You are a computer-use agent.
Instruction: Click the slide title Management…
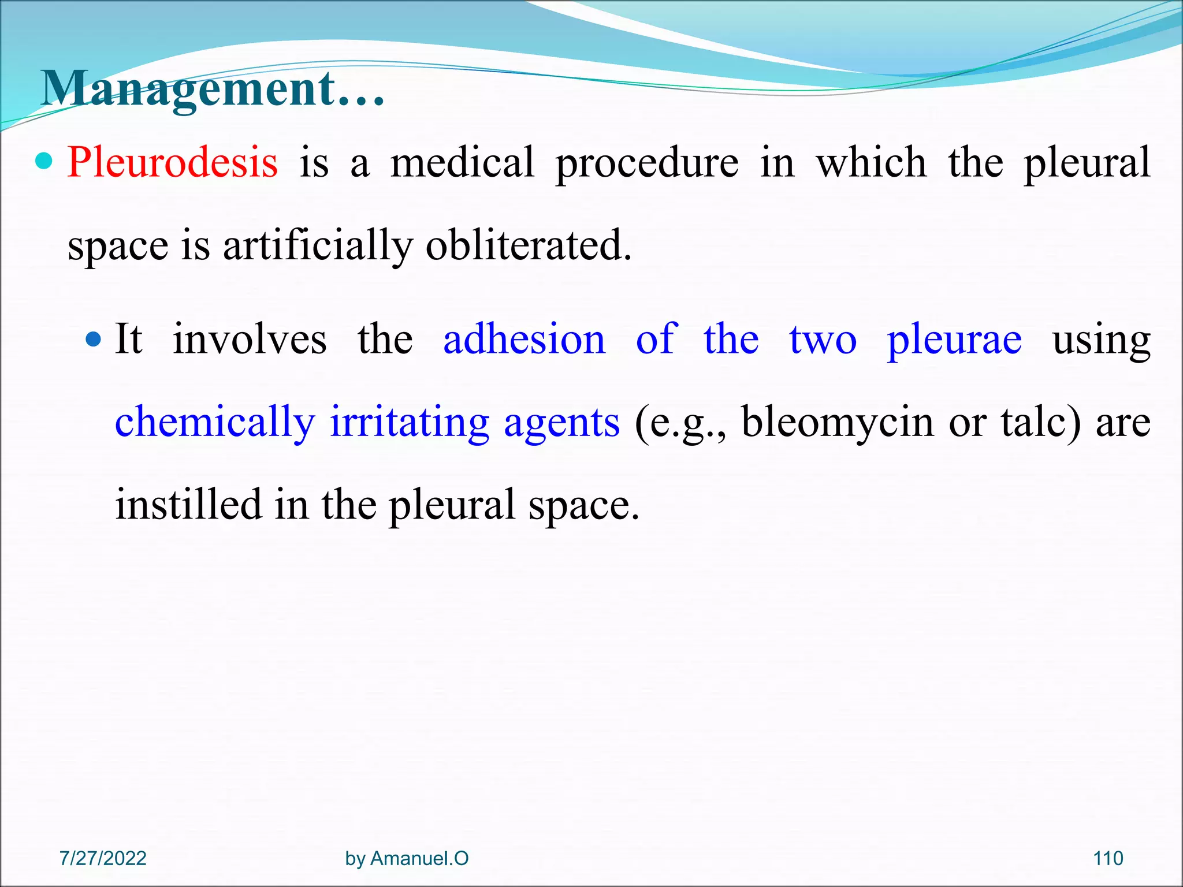pyautogui.click(x=213, y=90)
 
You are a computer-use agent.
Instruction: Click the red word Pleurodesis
pyautogui.click(x=172, y=162)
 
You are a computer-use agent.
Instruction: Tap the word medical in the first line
pyautogui.click(x=462, y=162)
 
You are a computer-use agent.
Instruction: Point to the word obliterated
pyautogui.click(x=528, y=245)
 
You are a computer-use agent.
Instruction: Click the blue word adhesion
pyautogui.click(x=524, y=339)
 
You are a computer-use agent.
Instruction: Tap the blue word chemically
pyautogui.click(x=215, y=423)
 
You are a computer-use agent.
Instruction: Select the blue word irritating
pyautogui.click(x=410, y=423)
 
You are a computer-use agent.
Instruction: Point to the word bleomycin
pyautogui.click(x=837, y=423)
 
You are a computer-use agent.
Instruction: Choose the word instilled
pyautogui.click(x=188, y=505)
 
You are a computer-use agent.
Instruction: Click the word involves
pyautogui.click(x=250, y=339)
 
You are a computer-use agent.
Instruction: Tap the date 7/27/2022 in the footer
pyautogui.click(x=103, y=858)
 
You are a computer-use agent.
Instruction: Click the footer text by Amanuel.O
pyautogui.click(x=407, y=858)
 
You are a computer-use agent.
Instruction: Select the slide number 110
pyautogui.click(x=1108, y=858)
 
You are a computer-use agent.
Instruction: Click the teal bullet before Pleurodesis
pyautogui.click(x=44, y=161)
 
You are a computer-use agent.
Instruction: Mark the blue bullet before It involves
pyautogui.click(x=92, y=339)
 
